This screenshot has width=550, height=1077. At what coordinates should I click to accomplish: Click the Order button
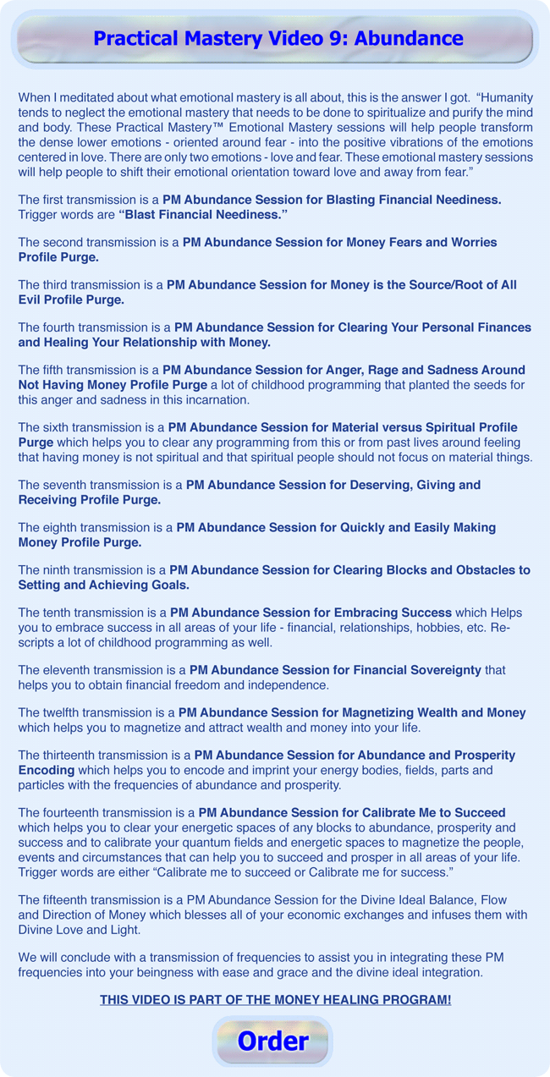coord(272,1041)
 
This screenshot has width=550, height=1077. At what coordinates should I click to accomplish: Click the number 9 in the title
coord(319,39)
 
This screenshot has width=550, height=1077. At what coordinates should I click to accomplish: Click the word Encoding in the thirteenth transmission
coord(47,770)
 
